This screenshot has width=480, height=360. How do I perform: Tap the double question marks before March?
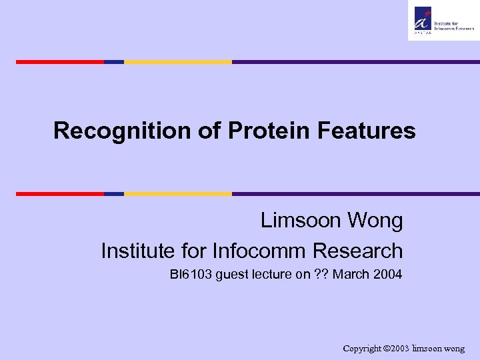pyautogui.click(x=321, y=274)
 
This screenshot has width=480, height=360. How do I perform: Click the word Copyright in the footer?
pyautogui.click(x=363, y=349)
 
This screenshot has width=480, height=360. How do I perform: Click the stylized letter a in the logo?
pyautogui.click(x=423, y=17)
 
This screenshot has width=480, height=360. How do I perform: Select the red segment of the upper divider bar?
pyautogui.click(x=60, y=62)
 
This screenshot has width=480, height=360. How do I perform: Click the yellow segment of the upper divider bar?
pyautogui.click(x=178, y=62)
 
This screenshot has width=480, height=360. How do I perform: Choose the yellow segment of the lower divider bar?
pyautogui.click(x=178, y=194)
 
